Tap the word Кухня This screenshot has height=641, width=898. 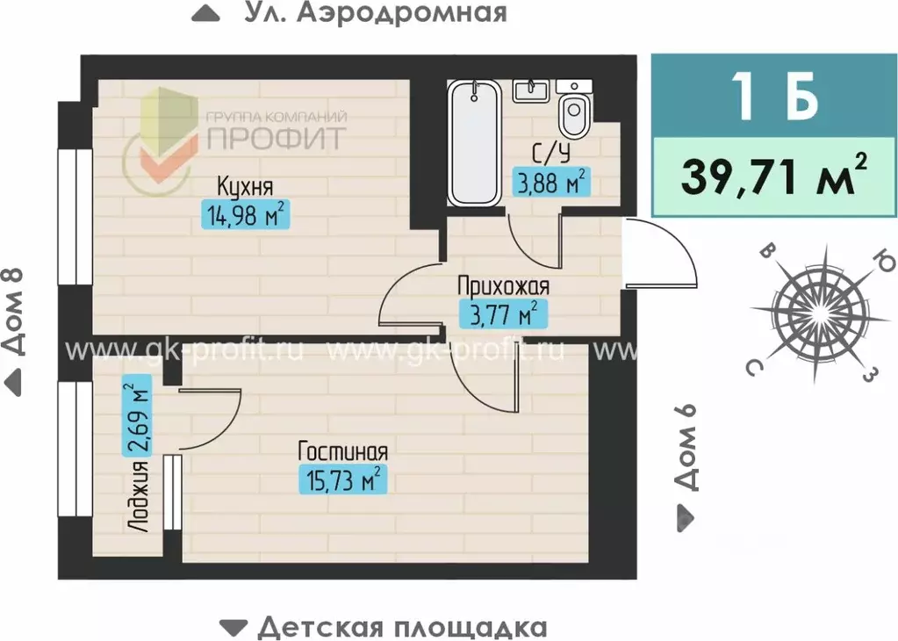click(246, 186)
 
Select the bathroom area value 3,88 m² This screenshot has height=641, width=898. click(550, 183)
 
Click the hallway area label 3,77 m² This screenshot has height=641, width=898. click(499, 313)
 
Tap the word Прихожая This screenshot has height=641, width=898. click(503, 285)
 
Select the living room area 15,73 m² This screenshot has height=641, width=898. click(343, 479)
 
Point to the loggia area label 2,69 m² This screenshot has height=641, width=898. click(137, 416)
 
